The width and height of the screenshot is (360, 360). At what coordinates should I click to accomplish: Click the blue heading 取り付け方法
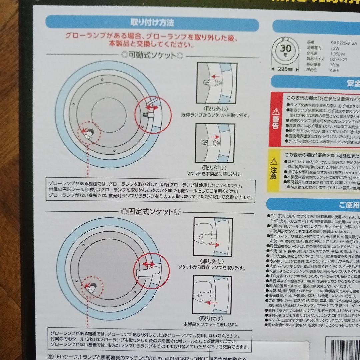[152, 23]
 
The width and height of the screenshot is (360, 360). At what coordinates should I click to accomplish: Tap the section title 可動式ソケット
[152, 55]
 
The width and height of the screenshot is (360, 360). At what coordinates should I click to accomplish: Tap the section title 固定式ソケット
[151, 211]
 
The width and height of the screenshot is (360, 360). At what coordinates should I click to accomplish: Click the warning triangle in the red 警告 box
[276, 111]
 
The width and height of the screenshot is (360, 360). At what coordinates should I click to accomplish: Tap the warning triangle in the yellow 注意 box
[274, 162]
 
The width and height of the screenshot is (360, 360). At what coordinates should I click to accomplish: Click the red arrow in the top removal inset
[215, 76]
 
